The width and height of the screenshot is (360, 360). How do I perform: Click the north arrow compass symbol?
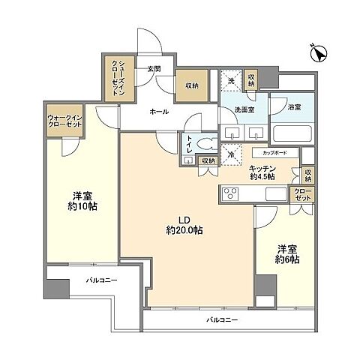(x=317, y=53)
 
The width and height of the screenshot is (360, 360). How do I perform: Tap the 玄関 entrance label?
(x=154, y=68)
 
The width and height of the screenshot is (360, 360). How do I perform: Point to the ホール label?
(x=158, y=112)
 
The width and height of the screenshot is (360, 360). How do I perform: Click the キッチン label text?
(x=262, y=172)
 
